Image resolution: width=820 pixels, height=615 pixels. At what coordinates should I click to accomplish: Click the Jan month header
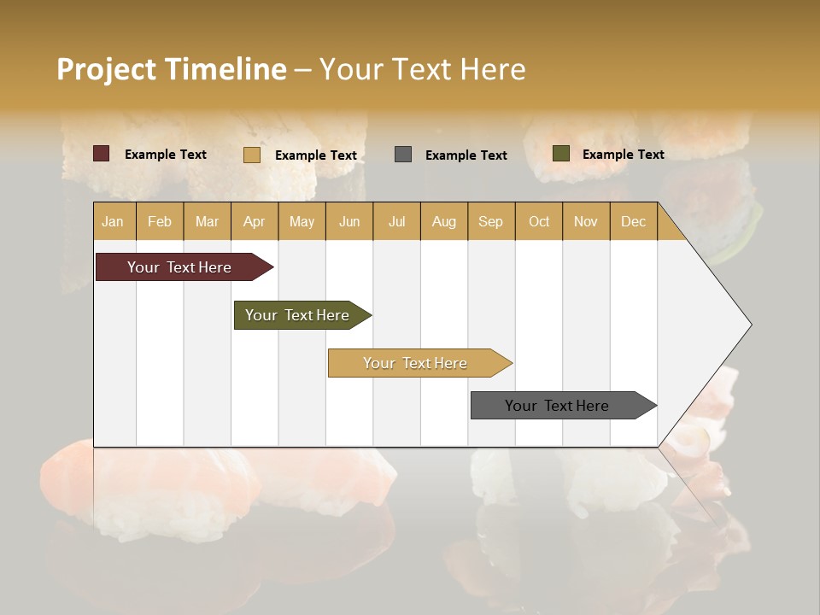point(114,221)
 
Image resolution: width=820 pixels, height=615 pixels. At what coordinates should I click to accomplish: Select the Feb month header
point(160,221)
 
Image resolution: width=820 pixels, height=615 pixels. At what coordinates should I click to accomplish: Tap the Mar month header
point(207,221)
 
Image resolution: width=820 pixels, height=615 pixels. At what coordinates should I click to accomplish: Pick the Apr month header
point(255,221)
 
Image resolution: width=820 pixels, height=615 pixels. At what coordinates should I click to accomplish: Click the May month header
point(302,221)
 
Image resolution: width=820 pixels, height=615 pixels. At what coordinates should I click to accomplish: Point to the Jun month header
point(349,221)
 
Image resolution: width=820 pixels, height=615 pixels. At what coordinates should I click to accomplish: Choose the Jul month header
point(396,221)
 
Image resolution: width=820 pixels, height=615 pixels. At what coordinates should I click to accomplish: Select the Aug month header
point(444,221)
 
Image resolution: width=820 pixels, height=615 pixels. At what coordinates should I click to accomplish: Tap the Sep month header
point(491,221)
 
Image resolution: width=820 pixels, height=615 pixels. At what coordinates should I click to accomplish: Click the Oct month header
point(539,221)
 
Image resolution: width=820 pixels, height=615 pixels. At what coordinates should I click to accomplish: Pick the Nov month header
point(586,221)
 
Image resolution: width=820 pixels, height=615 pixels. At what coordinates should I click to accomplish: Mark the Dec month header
point(634,221)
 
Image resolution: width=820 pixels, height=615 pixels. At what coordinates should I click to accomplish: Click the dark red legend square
point(102,154)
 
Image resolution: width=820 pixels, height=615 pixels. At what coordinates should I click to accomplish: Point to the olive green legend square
point(561,154)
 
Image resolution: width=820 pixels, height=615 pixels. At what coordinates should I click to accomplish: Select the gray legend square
point(403,154)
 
